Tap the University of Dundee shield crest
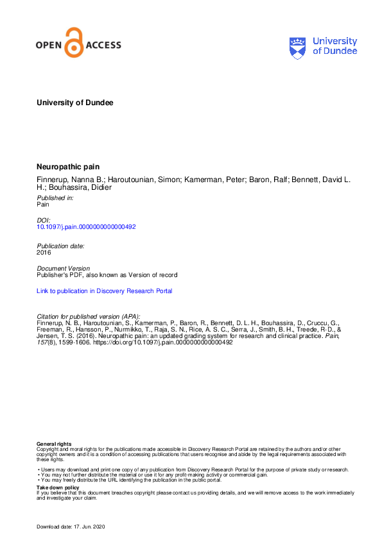(x=298, y=46)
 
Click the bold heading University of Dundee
(x=74, y=103)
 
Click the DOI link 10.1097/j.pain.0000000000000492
(x=86, y=226)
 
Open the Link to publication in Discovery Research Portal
(x=104, y=291)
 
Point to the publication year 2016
(x=44, y=252)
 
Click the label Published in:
(x=55, y=198)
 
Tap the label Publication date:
(x=60, y=246)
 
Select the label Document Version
(x=63, y=269)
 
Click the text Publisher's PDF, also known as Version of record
(x=107, y=275)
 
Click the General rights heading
(x=54, y=444)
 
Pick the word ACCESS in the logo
(x=103, y=46)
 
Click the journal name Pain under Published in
(x=43, y=205)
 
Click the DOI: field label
(x=44, y=220)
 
